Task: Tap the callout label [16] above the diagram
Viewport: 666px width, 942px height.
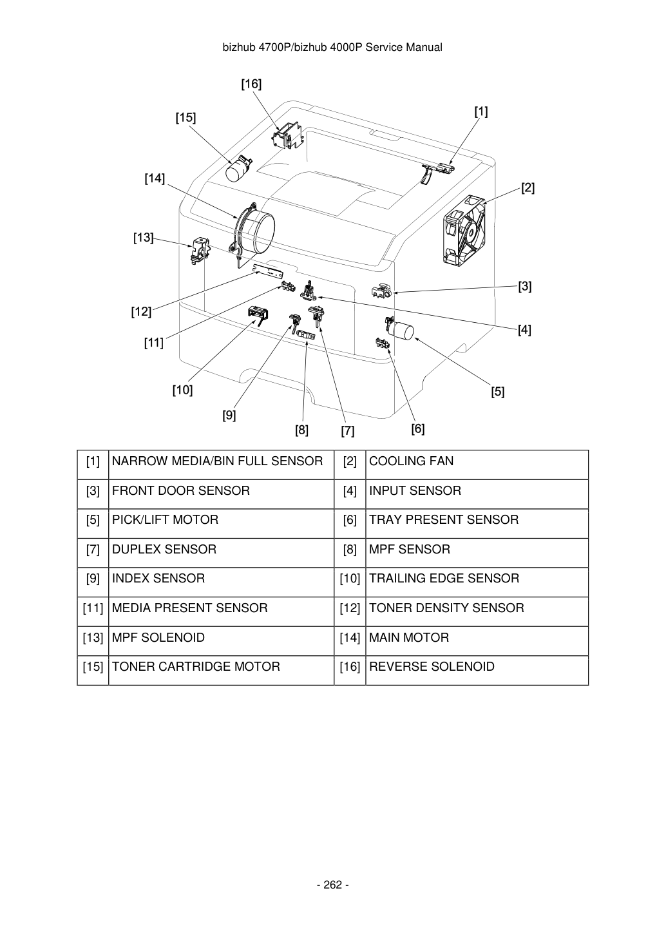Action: click(251, 84)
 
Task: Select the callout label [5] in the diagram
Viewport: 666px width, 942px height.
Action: click(497, 392)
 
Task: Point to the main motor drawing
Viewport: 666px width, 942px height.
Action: click(252, 233)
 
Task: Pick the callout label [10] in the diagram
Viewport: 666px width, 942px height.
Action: click(182, 390)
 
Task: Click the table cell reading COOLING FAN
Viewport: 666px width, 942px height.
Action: click(477, 465)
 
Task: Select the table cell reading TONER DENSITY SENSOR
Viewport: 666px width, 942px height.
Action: click(477, 611)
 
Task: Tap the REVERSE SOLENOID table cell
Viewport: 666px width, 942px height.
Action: click(477, 670)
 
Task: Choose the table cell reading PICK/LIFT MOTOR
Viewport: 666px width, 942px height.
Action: click(221, 524)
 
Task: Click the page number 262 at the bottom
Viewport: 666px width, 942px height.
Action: click(332, 885)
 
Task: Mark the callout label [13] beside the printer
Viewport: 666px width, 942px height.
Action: click(144, 238)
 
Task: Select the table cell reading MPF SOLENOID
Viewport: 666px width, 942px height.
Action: click(221, 641)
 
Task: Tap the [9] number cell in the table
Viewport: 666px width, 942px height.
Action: click(93, 582)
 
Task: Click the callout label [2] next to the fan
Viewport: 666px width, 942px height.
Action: click(528, 187)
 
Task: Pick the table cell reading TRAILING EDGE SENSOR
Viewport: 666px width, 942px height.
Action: click(477, 582)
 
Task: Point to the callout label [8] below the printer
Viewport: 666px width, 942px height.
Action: click(301, 430)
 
